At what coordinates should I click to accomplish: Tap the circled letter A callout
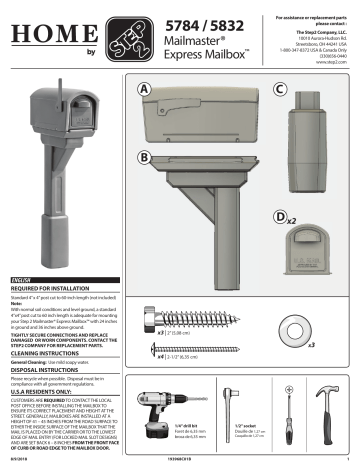tap(146, 89)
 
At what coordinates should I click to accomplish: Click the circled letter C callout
tap(280, 89)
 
